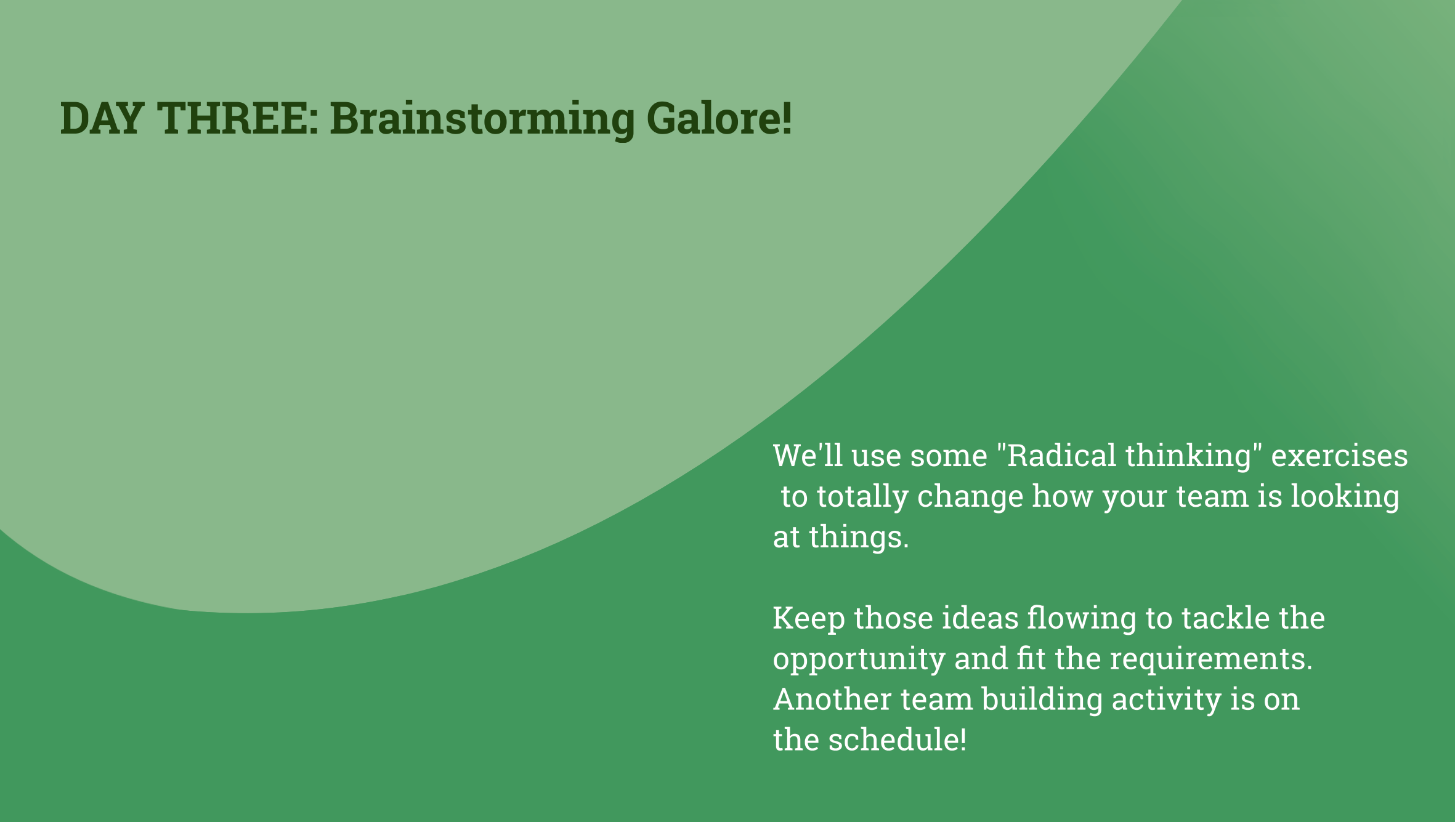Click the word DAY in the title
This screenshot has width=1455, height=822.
pos(102,118)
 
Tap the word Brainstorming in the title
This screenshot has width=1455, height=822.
pos(482,119)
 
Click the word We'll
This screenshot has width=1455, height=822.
pos(808,456)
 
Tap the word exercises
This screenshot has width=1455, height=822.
pos(1339,456)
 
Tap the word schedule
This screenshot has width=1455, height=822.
pos(897,740)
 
